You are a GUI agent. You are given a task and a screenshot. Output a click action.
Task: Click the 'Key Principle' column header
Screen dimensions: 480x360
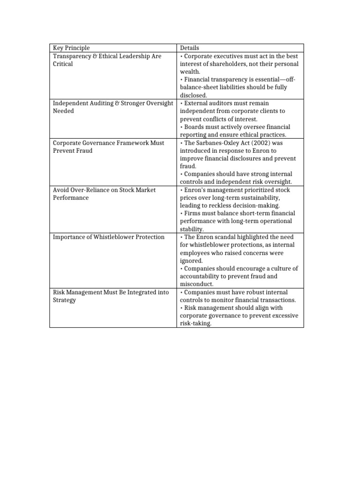coord(71,48)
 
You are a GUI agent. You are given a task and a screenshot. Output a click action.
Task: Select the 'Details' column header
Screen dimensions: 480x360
coord(189,48)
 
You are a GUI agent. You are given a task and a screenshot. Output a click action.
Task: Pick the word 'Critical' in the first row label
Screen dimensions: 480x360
coord(63,64)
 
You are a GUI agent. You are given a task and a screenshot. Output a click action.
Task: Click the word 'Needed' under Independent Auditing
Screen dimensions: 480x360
coord(63,111)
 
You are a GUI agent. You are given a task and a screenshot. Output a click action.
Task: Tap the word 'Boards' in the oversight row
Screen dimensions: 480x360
coord(194,127)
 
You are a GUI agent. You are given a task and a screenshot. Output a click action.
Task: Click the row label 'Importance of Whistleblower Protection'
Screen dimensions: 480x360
coord(109,237)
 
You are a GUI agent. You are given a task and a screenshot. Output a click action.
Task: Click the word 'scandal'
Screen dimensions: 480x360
coord(226,237)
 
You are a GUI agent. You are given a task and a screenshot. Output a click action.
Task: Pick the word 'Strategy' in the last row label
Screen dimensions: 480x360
coord(64,300)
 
